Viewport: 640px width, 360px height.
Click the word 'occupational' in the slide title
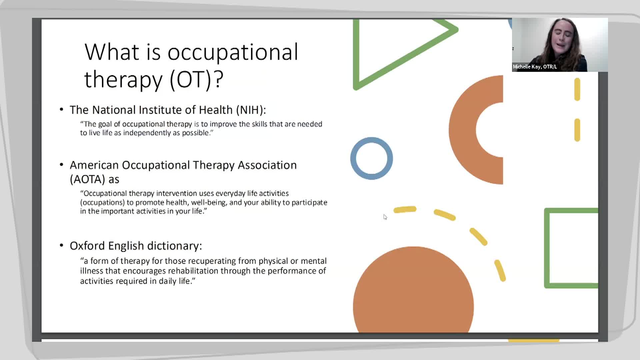pos(233,53)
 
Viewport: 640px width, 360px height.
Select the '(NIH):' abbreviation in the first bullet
pos(251,110)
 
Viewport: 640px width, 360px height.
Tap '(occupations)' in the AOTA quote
pos(102,203)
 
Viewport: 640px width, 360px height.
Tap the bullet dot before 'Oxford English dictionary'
pos(61,246)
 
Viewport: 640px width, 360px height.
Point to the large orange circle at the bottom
pos(413,293)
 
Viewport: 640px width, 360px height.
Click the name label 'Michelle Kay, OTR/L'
pos(534,67)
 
